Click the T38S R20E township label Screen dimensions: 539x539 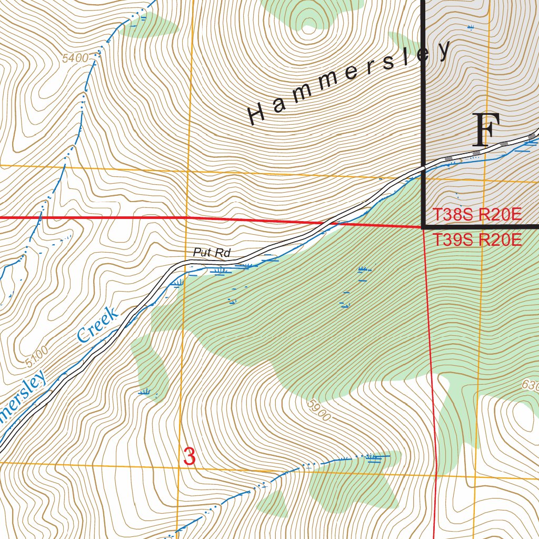click(x=477, y=215)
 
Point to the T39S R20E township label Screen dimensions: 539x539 click(x=477, y=240)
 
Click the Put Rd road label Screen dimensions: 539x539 click(x=212, y=253)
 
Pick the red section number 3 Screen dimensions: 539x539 click(x=189, y=456)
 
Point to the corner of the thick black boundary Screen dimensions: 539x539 click(x=424, y=227)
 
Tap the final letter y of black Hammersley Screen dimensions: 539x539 click(x=444, y=51)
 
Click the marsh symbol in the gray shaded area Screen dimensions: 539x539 click(x=470, y=26)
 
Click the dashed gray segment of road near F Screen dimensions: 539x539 click(x=476, y=153)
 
